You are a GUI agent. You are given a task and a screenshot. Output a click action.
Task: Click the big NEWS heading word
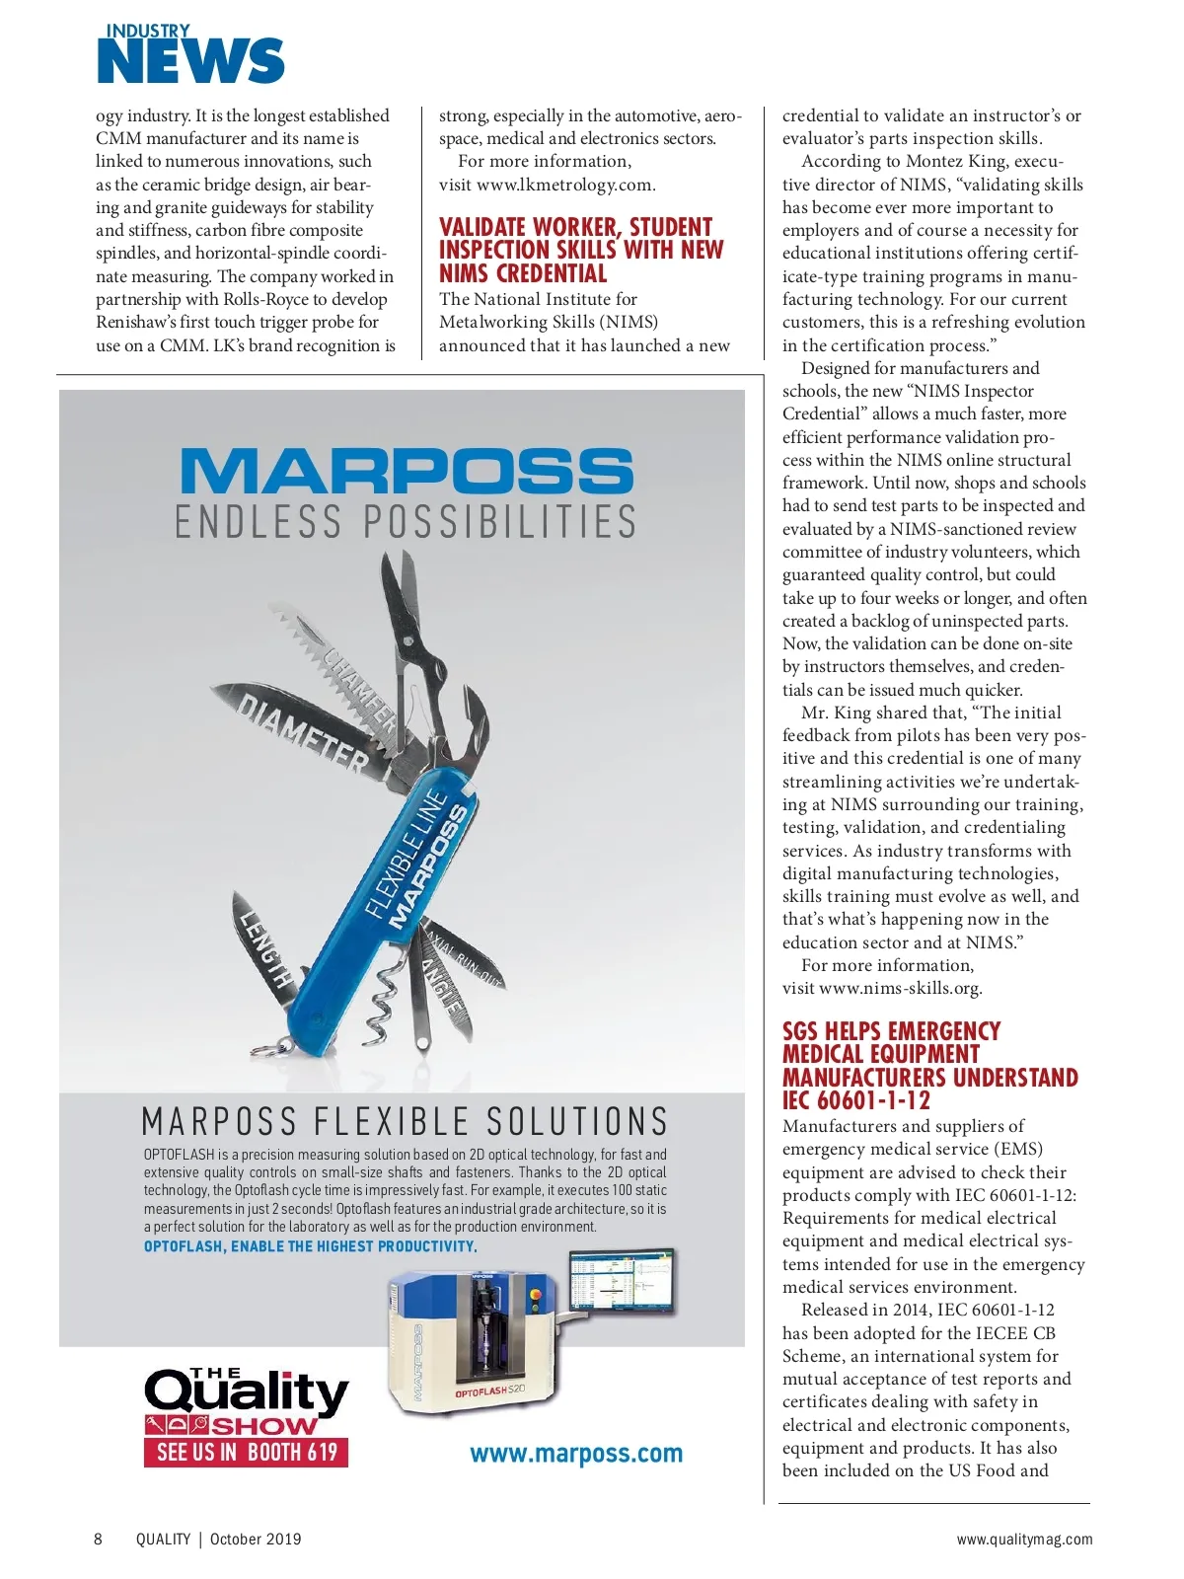tap(190, 62)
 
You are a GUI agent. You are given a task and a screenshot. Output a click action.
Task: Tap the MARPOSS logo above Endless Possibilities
tap(406, 471)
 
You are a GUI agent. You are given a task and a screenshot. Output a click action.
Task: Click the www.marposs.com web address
tap(576, 1454)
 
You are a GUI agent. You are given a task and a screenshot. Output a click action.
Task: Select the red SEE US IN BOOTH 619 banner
tap(246, 1452)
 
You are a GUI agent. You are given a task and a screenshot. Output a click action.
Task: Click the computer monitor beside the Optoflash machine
tap(621, 1280)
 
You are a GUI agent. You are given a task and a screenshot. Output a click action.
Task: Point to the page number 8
tap(98, 1539)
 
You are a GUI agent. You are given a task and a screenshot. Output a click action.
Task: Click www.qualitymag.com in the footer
tap(1024, 1539)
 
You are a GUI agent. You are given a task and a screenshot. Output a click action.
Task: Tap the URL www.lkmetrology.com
tap(565, 185)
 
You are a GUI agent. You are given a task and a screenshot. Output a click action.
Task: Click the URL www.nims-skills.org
tap(900, 988)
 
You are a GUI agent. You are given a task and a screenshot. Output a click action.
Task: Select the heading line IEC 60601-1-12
tap(856, 1100)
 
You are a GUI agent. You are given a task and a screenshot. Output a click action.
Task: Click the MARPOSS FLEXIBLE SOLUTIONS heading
tap(405, 1122)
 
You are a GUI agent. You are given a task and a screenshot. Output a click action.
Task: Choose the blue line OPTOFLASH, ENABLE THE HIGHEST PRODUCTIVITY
tap(311, 1246)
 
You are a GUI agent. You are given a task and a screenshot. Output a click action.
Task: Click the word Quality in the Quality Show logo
tap(247, 1392)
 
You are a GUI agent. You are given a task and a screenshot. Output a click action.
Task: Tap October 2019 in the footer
tap(256, 1539)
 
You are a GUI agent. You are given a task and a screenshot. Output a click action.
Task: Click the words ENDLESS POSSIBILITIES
tap(406, 521)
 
